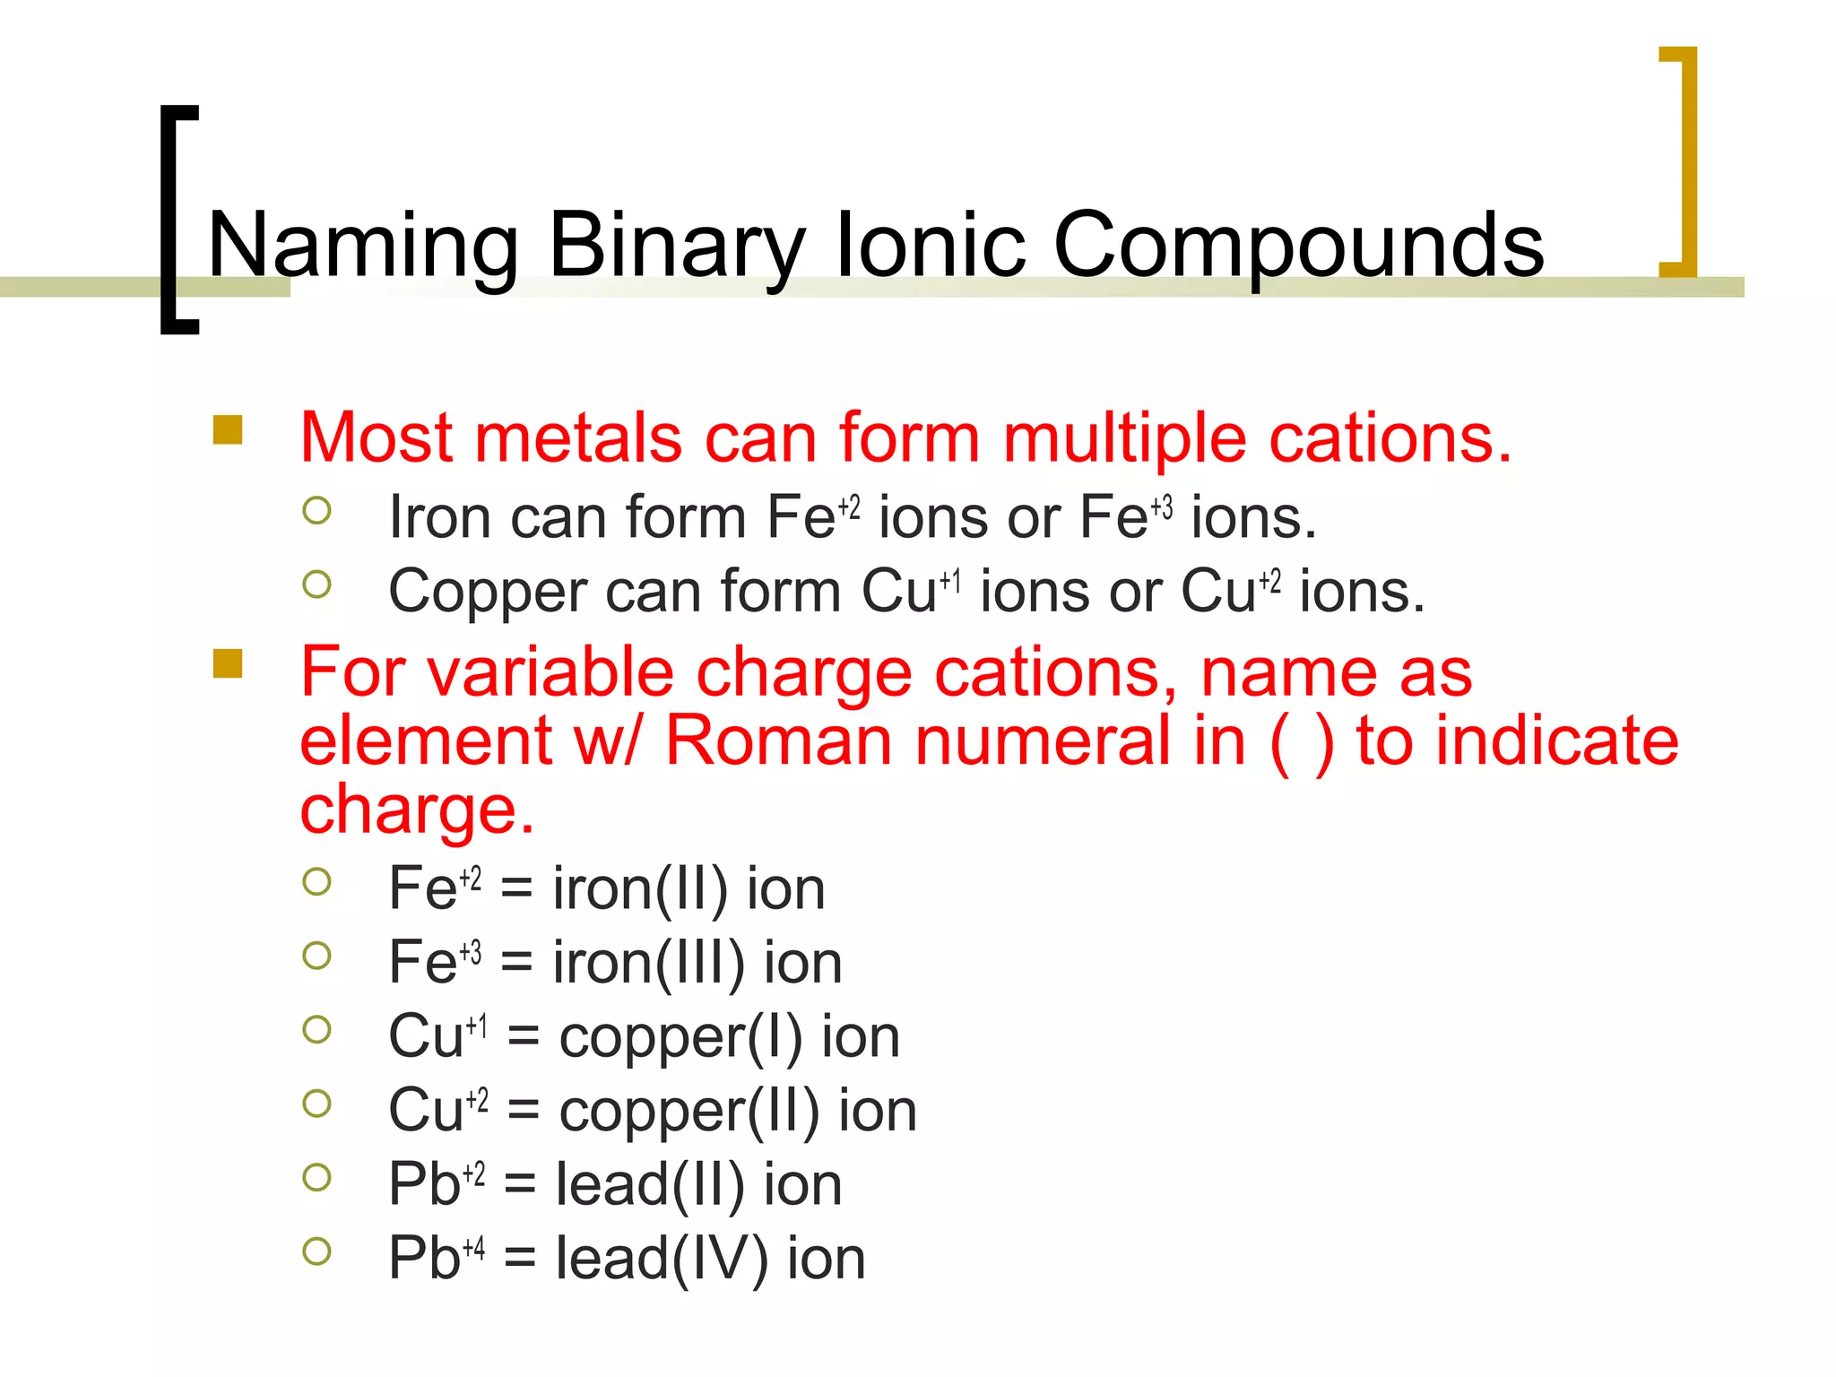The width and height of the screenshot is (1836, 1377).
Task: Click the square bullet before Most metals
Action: [x=228, y=429]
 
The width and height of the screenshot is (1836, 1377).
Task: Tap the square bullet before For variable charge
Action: [x=228, y=664]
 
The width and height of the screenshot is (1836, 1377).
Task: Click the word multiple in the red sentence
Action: [x=1124, y=439]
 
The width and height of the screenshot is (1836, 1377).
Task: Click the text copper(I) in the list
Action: [x=680, y=1037]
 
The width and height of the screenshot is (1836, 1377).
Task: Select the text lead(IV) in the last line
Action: [x=662, y=1259]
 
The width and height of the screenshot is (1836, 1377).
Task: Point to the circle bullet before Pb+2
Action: [x=316, y=1177]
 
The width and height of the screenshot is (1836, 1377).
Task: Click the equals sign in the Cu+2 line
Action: [x=524, y=1112]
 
